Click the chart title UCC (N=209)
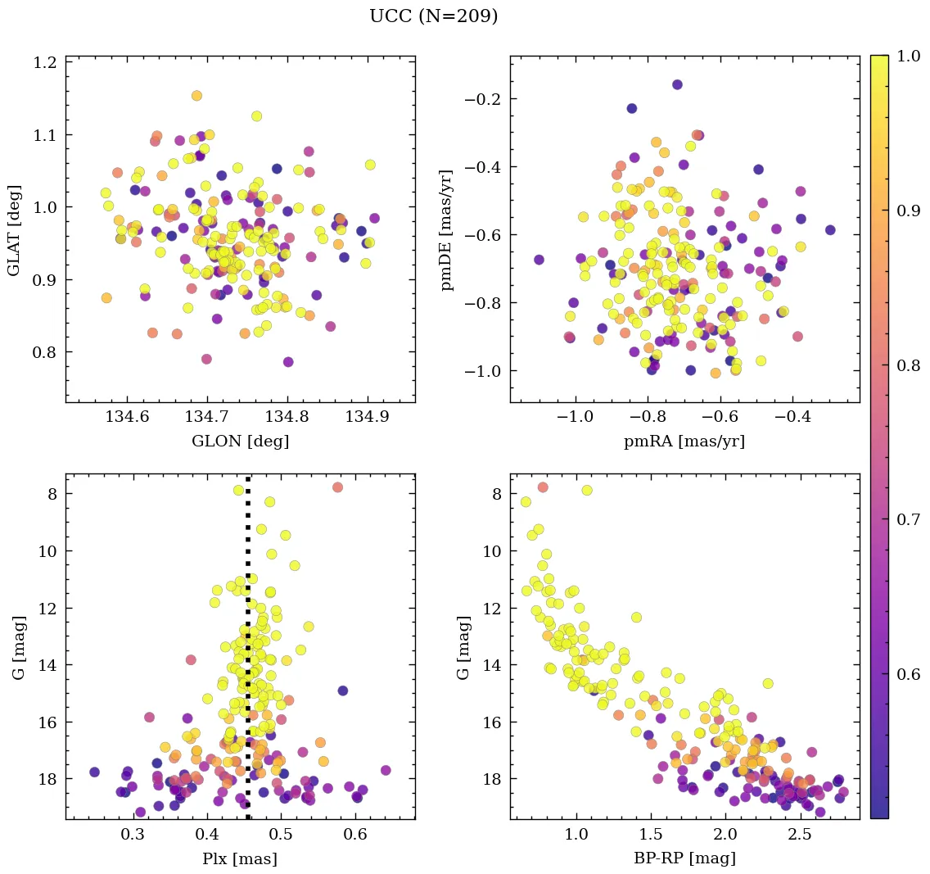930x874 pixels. point(433,16)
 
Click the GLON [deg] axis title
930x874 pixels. point(240,442)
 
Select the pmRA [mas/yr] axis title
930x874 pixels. point(684,442)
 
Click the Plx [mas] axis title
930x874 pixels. point(240,858)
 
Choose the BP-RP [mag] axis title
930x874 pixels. point(684,858)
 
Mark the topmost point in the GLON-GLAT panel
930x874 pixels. point(196,96)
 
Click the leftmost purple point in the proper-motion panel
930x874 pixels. point(539,260)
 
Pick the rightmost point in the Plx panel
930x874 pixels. point(386,770)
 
